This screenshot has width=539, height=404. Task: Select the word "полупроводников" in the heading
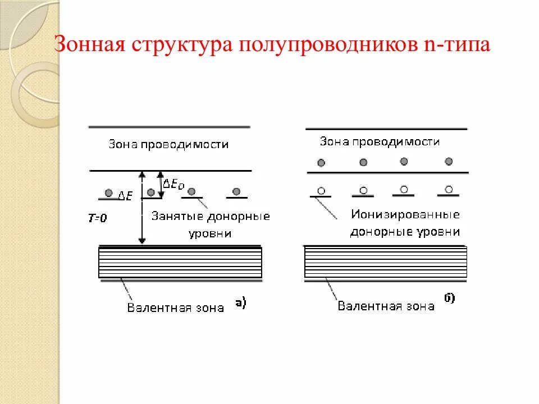pyautogui.click(x=325, y=44)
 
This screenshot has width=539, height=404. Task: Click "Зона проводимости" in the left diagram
pyautogui.click(x=168, y=144)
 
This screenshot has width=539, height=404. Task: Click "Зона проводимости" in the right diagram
pyautogui.click(x=380, y=141)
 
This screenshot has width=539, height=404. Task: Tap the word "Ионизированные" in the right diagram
pyautogui.click(x=405, y=214)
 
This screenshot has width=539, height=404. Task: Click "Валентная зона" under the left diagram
pyautogui.click(x=175, y=307)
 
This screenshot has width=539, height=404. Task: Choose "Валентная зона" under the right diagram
pyautogui.click(x=386, y=306)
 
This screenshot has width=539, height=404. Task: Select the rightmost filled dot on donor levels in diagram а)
pyautogui.click(x=236, y=191)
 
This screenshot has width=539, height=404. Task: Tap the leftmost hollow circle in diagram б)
pyautogui.click(x=321, y=191)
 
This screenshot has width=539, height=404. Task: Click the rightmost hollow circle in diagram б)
pyautogui.click(x=449, y=189)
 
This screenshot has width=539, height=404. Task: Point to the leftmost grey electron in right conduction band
pyautogui.click(x=321, y=163)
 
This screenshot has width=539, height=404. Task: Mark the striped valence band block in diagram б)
pyautogui.click(x=385, y=263)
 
